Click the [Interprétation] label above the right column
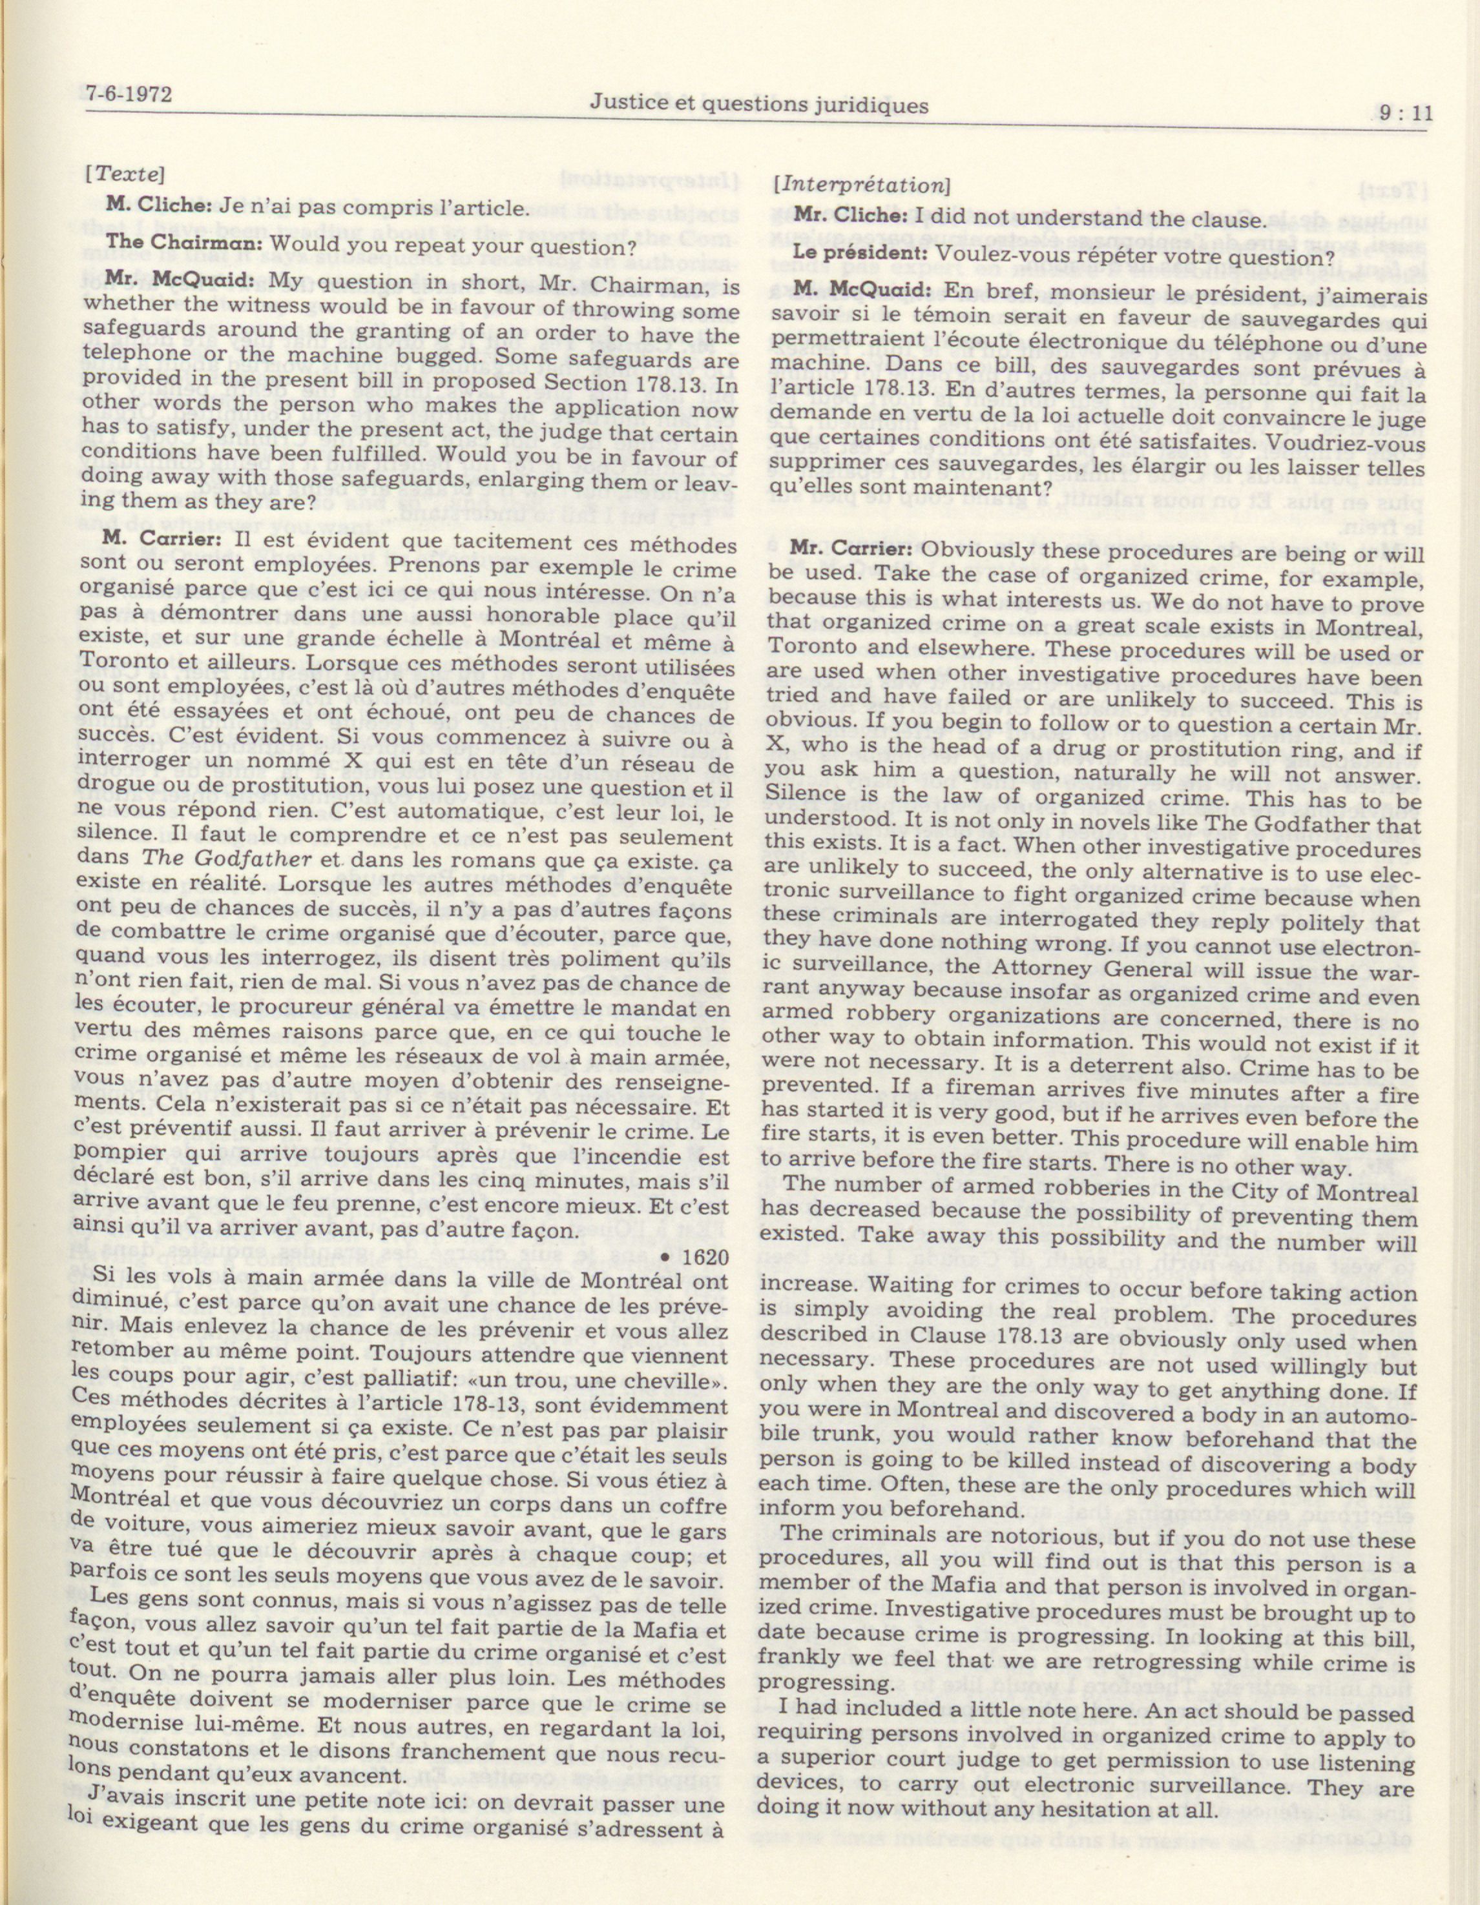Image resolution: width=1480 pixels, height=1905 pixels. pos(862,185)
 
